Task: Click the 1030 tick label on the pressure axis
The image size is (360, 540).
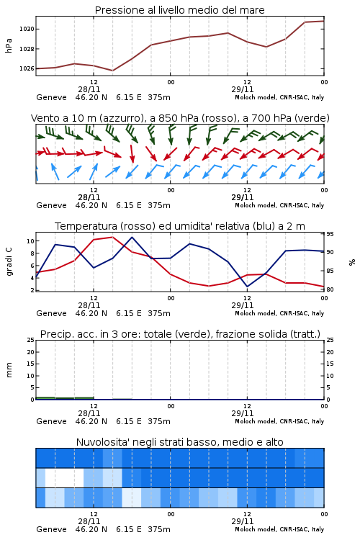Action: pos(27,29)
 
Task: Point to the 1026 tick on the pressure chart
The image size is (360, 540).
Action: pos(27,68)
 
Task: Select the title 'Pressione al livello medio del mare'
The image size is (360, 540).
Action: pos(180,10)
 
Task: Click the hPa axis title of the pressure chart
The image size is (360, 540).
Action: pos(9,45)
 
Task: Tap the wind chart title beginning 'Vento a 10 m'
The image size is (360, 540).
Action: pos(180,118)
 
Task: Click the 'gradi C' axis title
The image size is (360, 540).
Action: pos(9,262)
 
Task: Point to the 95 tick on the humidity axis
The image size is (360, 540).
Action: pos(330,234)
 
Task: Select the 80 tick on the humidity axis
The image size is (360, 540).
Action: pos(330,289)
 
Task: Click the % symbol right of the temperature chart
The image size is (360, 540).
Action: pos(352,262)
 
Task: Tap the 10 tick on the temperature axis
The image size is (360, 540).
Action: pos(31,241)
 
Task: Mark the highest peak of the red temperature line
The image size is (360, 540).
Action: pos(112,237)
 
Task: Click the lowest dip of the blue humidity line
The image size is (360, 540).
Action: pos(248,287)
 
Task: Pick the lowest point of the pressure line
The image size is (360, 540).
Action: pos(112,71)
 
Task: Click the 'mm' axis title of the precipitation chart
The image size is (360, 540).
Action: pos(9,370)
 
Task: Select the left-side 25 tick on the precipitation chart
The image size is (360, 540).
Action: pos(31,340)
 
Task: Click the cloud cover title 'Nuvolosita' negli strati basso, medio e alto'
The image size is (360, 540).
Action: pos(180,442)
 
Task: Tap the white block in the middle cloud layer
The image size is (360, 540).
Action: pos(64,477)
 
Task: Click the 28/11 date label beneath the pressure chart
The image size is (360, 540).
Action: pos(89,89)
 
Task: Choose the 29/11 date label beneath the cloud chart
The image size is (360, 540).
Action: pos(243,521)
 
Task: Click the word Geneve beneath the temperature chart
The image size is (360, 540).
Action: pos(51,313)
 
